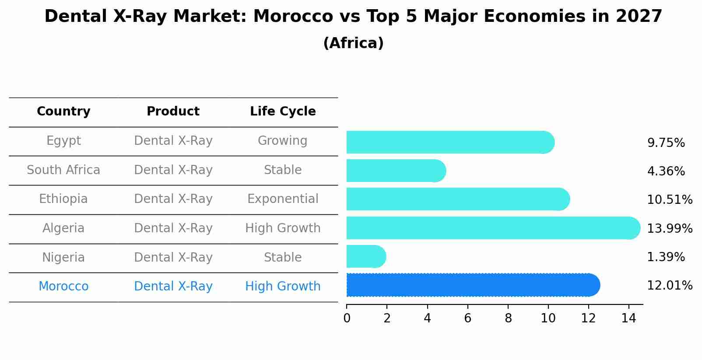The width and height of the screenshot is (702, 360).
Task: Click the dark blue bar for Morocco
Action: click(x=473, y=285)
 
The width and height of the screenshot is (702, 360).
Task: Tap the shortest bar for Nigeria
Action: click(x=366, y=256)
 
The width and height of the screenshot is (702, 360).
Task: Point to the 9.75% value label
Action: click(x=666, y=143)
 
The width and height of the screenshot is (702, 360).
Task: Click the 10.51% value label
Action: click(x=669, y=200)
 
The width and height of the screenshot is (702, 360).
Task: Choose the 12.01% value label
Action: click(x=669, y=286)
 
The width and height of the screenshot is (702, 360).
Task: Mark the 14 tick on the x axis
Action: click(x=628, y=318)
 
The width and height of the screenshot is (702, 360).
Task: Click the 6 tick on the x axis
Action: click(x=467, y=318)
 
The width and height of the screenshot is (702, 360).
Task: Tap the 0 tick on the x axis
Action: click(x=347, y=318)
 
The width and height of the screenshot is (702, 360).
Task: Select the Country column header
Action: click(x=63, y=112)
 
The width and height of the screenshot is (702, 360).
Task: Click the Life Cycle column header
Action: click(x=283, y=112)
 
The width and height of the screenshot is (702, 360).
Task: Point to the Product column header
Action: click(x=173, y=112)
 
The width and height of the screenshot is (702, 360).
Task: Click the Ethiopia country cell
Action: click(x=63, y=199)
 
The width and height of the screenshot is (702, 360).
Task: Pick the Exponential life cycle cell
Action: click(x=283, y=199)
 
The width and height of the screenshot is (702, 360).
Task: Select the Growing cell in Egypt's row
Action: click(x=283, y=141)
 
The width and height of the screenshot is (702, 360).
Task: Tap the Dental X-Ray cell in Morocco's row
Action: click(x=173, y=287)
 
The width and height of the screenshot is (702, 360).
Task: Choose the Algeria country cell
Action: click(x=63, y=228)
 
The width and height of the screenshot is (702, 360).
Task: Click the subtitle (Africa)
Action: click(x=353, y=43)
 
